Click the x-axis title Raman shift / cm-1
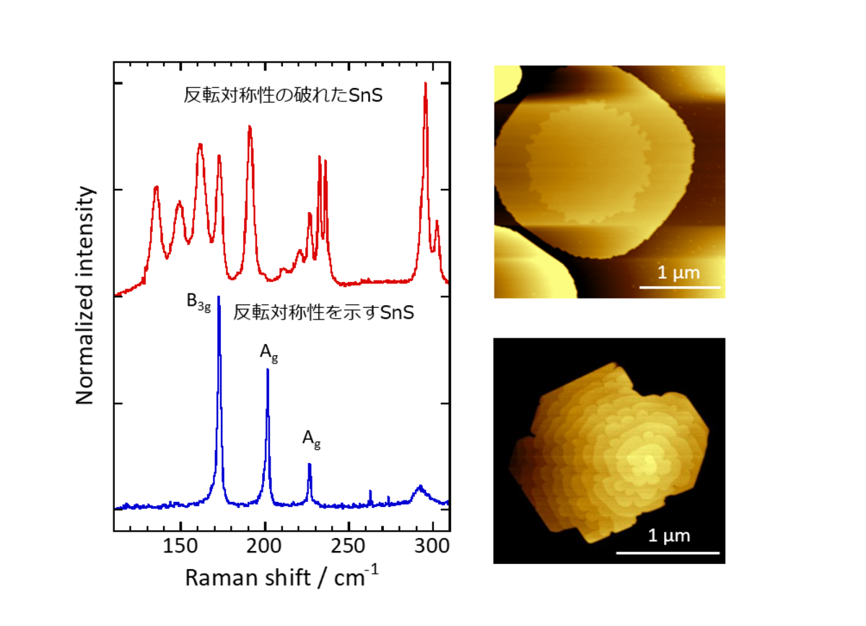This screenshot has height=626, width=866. tap(281, 578)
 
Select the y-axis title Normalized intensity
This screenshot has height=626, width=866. tap(86, 296)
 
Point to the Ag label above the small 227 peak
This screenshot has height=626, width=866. tap(311, 438)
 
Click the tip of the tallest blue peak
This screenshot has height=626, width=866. tap(219, 298)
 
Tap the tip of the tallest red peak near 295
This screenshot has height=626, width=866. tap(426, 84)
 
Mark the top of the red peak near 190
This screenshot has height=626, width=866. tap(250, 127)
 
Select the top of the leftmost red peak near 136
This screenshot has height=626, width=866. tap(156, 188)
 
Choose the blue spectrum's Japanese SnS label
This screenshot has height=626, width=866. tap(323, 314)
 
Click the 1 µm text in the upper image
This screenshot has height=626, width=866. tap(678, 273)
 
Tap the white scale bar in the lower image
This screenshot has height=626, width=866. tap(668, 553)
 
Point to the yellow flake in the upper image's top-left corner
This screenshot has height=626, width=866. tap(507, 81)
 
